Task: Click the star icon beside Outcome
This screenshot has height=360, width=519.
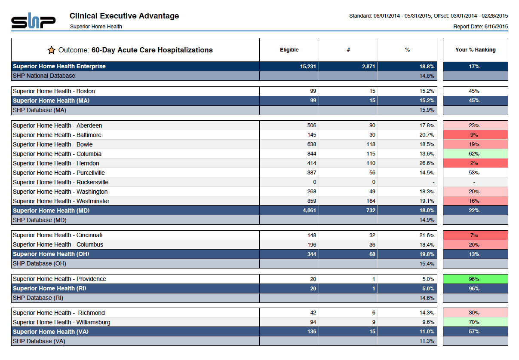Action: point(52,50)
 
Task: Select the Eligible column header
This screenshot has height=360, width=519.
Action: point(289,50)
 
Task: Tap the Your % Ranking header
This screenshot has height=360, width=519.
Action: point(476,50)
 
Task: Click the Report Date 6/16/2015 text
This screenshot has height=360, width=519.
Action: point(481,26)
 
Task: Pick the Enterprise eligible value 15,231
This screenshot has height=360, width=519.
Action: point(308,67)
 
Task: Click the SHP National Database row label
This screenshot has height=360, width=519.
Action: point(44,76)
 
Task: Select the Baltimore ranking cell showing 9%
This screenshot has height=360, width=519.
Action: point(476,135)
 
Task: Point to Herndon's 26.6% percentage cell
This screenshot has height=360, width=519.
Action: point(427,163)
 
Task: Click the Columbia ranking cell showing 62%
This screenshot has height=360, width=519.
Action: point(476,154)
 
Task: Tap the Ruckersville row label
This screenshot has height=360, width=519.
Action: point(61,182)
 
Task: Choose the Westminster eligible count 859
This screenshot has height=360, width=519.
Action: point(312,201)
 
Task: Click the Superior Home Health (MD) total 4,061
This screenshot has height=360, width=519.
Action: point(309,211)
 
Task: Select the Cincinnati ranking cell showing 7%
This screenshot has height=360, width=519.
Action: point(476,235)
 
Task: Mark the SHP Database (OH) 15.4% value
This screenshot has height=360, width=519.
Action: point(427,263)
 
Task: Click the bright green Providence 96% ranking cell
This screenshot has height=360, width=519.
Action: point(476,279)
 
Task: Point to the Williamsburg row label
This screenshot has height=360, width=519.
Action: point(61,322)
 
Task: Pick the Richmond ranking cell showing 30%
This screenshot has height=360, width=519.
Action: point(476,313)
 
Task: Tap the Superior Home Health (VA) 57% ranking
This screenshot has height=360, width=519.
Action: point(474,332)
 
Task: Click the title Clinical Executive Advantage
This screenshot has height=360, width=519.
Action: point(124,16)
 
